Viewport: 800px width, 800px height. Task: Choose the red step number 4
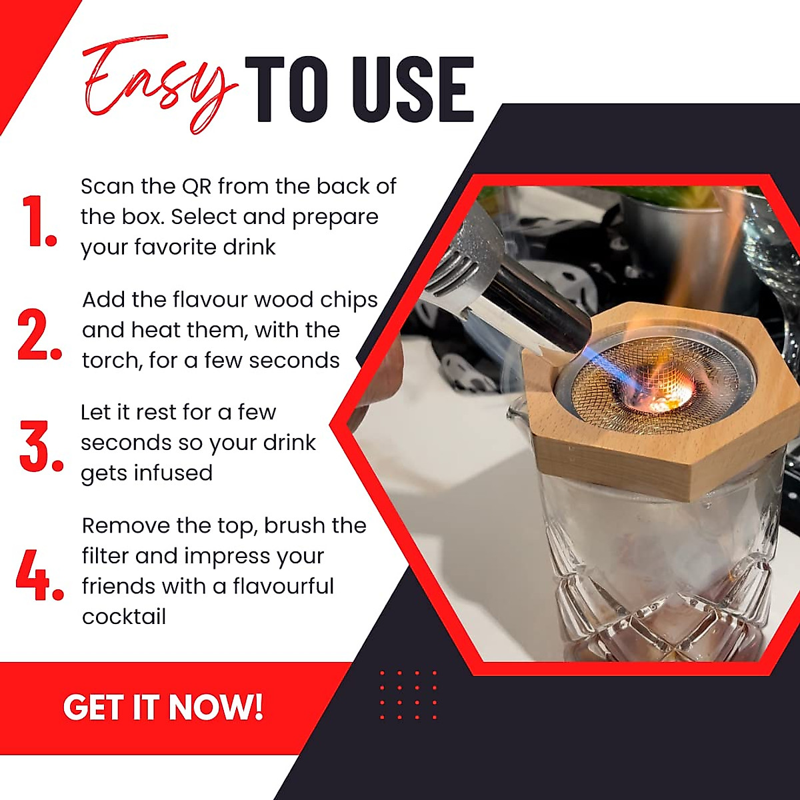(x=39, y=575)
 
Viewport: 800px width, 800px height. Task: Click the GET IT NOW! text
(x=163, y=707)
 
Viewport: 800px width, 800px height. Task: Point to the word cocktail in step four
(x=124, y=617)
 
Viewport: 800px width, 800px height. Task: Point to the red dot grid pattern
(x=408, y=695)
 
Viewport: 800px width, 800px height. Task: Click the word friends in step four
(x=121, y=587)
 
